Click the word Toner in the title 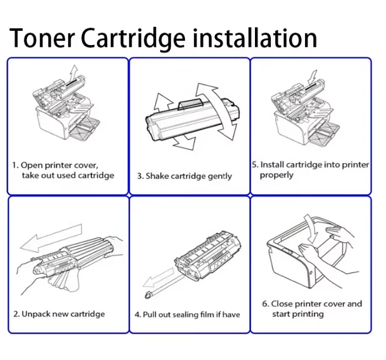[42, 37]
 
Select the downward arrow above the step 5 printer [312, 77]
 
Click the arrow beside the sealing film [159, 277]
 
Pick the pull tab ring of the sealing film [148, 295]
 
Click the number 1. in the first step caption [15, 165]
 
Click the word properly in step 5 [276, 175]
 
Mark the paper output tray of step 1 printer [85, 129]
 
